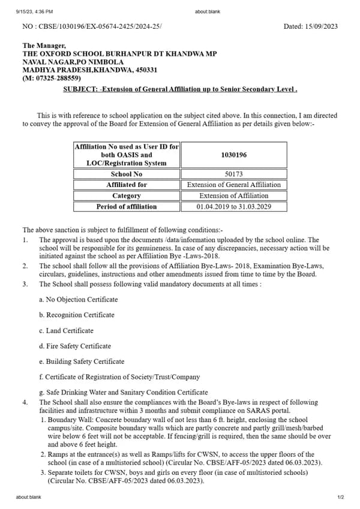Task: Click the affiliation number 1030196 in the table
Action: (x=233, y=155)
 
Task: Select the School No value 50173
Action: (x=233, y=174)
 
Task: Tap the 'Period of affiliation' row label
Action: (x=126, y=206)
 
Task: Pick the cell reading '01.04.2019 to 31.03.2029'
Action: (x=233, y=206)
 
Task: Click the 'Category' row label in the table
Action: (x=126, y=195)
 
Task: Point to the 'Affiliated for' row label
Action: (x=126, y=185)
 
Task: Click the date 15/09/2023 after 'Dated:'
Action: (x=323, y=26)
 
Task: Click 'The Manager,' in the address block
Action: (x=44, y=46)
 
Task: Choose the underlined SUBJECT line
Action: (x=180, y=89)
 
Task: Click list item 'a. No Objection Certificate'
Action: (x=78, y=299)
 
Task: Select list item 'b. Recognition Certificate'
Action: (x=76, y=315)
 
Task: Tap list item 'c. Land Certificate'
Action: (x=66, y=330)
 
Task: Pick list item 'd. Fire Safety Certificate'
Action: (x=75, y=346)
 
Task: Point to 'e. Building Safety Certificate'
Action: (x=82, y=362)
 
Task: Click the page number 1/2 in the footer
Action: (x=340, y=497)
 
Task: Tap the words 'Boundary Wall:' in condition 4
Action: (x=68, y=420)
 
